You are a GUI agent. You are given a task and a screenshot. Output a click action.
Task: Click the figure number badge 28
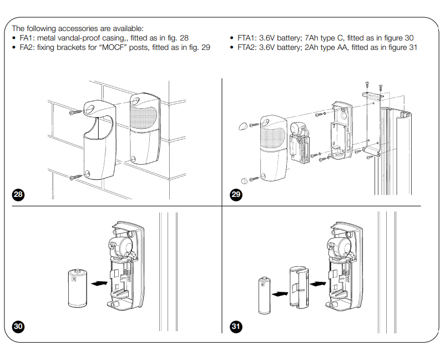click(x=18, y=195)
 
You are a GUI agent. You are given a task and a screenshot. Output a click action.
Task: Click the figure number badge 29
click(x=235, y=195)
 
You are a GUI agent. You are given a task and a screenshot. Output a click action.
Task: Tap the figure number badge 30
click(x=18, y=326)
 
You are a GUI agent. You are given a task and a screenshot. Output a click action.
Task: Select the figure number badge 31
click(x=235, y=326)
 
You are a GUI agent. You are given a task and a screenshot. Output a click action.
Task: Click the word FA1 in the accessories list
click(x=26, y=38)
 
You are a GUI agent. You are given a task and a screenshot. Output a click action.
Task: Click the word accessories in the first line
click(x=78, y=28)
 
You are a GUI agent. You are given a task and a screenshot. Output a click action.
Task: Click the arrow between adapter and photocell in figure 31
click(x=317, y=283)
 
